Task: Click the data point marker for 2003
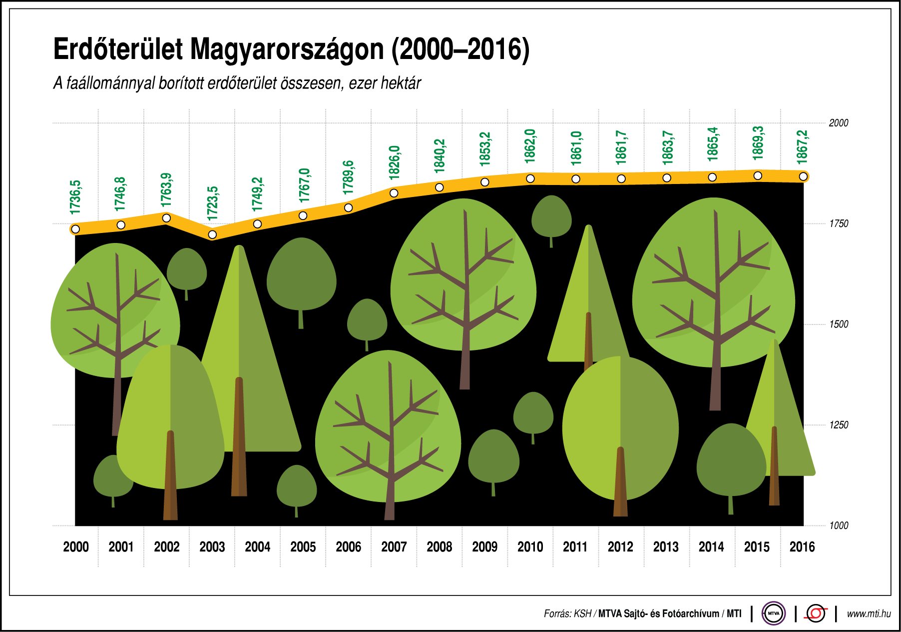pyautogui.click(x=212, y=234)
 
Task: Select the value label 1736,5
pyautogui.click(x=75, y=198)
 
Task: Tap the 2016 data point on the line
pyautogui.click(x=803, y=176)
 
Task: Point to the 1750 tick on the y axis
pyautogui.click(x=839, y=224)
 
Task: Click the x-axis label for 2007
pyautogui.click(x=394, y=547)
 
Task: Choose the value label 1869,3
pyautogui.click(x=758, y=143)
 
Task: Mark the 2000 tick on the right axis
pyautogui.click(x=839, y=123)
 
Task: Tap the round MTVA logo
pyautogui.click(x=773, y=613)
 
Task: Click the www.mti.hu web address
pyautogui.click(x=869, y=613)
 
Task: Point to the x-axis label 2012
pyautogui.click(x=620, y=547)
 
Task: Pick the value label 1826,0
pyautogui.click(x=394, y=163)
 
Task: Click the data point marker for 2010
pyautogui.click(x=530, y=178)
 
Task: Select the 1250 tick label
pyautogui.click(x=839, y=425)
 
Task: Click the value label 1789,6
pyautogui.click(x=348, y=177)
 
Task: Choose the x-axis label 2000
pyautogui.click(x=76, y=547)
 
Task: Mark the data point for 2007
pyautogui.click(x=394, y=193)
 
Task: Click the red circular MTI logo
pyautogui.click(x=816, y=613)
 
